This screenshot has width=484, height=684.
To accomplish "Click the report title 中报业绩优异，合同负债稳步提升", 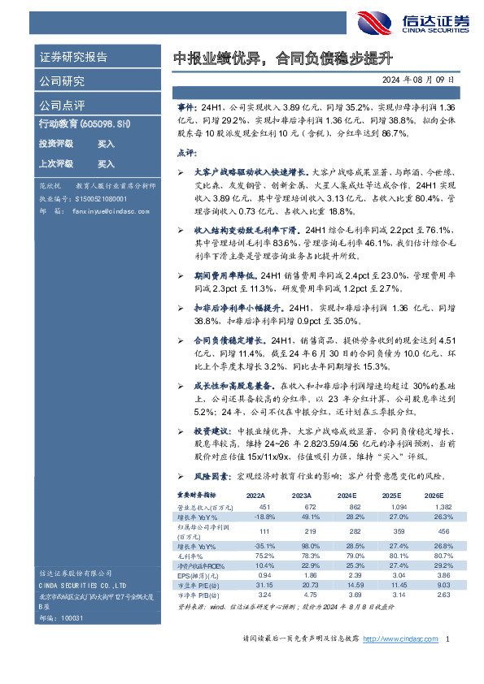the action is (284, 58).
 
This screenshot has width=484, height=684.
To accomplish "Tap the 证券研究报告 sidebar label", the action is (73, 58).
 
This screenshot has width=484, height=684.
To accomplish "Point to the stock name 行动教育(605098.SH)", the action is (85, 123).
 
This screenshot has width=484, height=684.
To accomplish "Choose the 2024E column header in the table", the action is (347, 494).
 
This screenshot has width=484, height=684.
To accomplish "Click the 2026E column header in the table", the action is (434, 494).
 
